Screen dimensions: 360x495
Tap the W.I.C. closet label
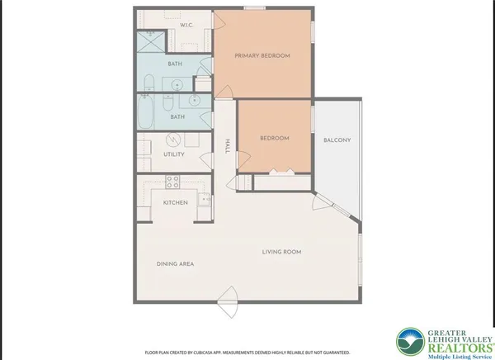pos(187,26)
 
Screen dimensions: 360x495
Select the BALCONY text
pos(337,140)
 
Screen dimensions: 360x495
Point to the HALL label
pos(227,147)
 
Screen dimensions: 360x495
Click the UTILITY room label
pos(173,154)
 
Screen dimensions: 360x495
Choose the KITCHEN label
pos(175,202)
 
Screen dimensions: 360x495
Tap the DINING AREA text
pos(175,264)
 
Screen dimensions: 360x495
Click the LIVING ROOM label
pos(281,252)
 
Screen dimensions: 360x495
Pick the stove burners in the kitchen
pos(173,181)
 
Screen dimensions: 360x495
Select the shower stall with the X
pos(150,40)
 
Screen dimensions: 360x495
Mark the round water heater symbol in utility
pos(174,140)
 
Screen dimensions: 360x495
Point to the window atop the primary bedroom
pos(254,8)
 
